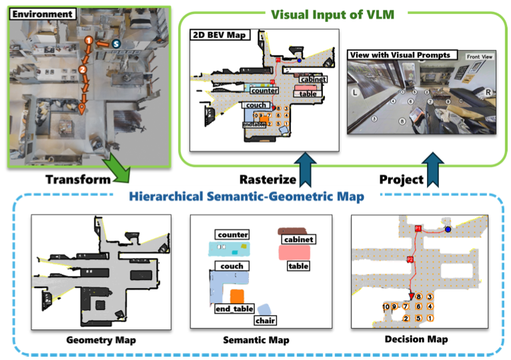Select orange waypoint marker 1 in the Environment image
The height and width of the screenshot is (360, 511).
87,41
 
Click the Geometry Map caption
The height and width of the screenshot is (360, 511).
101,341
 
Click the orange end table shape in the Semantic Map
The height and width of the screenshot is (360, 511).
235,296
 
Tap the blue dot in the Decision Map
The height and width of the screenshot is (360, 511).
448,229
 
